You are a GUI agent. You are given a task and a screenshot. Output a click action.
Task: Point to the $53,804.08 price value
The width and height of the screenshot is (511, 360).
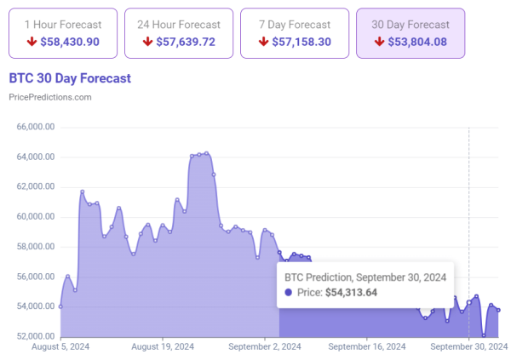point(416,42)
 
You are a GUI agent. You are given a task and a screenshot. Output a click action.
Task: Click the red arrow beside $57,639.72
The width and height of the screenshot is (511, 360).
point(147,42)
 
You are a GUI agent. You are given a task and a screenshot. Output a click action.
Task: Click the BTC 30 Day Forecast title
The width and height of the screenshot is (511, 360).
point(70,78)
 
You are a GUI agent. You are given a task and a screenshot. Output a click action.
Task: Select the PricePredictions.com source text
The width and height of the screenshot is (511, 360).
point(49,97)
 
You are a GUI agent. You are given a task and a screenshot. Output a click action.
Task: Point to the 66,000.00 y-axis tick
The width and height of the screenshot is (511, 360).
point(36,127)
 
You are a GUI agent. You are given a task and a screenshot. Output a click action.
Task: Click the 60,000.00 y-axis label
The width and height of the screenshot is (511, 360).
point(36,217)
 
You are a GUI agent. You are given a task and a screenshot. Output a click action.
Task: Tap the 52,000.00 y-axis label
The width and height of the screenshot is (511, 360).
point(36,336)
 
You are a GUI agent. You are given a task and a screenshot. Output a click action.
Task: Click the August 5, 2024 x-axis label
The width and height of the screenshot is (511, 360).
point(60,346)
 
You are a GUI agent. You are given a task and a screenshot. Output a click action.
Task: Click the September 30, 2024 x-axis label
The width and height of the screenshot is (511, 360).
point(468,346)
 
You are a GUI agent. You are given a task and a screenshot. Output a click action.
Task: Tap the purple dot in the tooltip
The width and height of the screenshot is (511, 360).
point(288,293)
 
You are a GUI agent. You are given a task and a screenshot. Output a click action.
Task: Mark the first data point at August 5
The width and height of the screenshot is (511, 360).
point(60,306)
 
